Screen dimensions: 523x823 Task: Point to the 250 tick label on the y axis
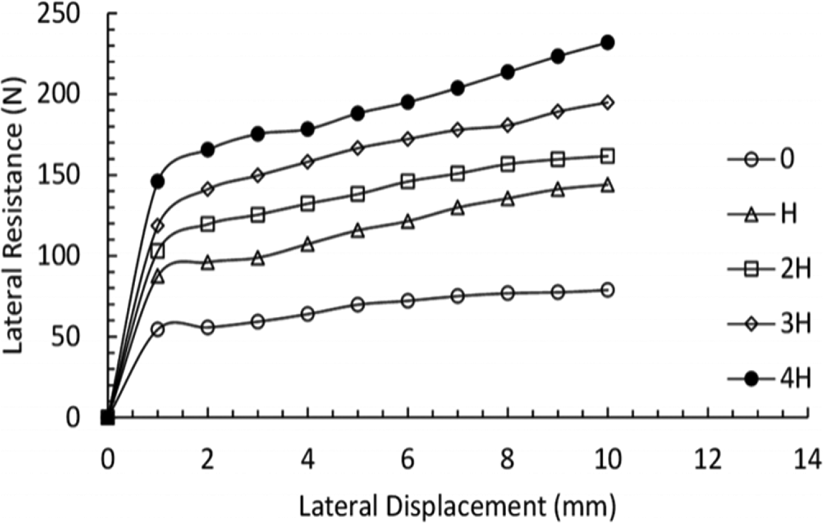coord(58,14)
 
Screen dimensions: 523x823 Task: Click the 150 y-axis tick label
coord(58,175)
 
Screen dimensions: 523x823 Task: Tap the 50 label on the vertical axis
coord(66,336)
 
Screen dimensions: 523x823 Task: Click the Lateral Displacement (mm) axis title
coord(457,505)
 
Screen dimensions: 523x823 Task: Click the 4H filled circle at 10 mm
coord(607,43)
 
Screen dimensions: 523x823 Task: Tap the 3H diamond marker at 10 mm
coord(607,103)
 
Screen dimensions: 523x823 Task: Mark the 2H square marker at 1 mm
coord(158,251)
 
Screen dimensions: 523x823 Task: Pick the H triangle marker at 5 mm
coord(357,230)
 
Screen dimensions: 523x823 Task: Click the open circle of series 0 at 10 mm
coord(607,290)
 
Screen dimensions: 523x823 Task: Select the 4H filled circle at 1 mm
coord(158,181)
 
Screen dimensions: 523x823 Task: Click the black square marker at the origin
coord(108,417)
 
